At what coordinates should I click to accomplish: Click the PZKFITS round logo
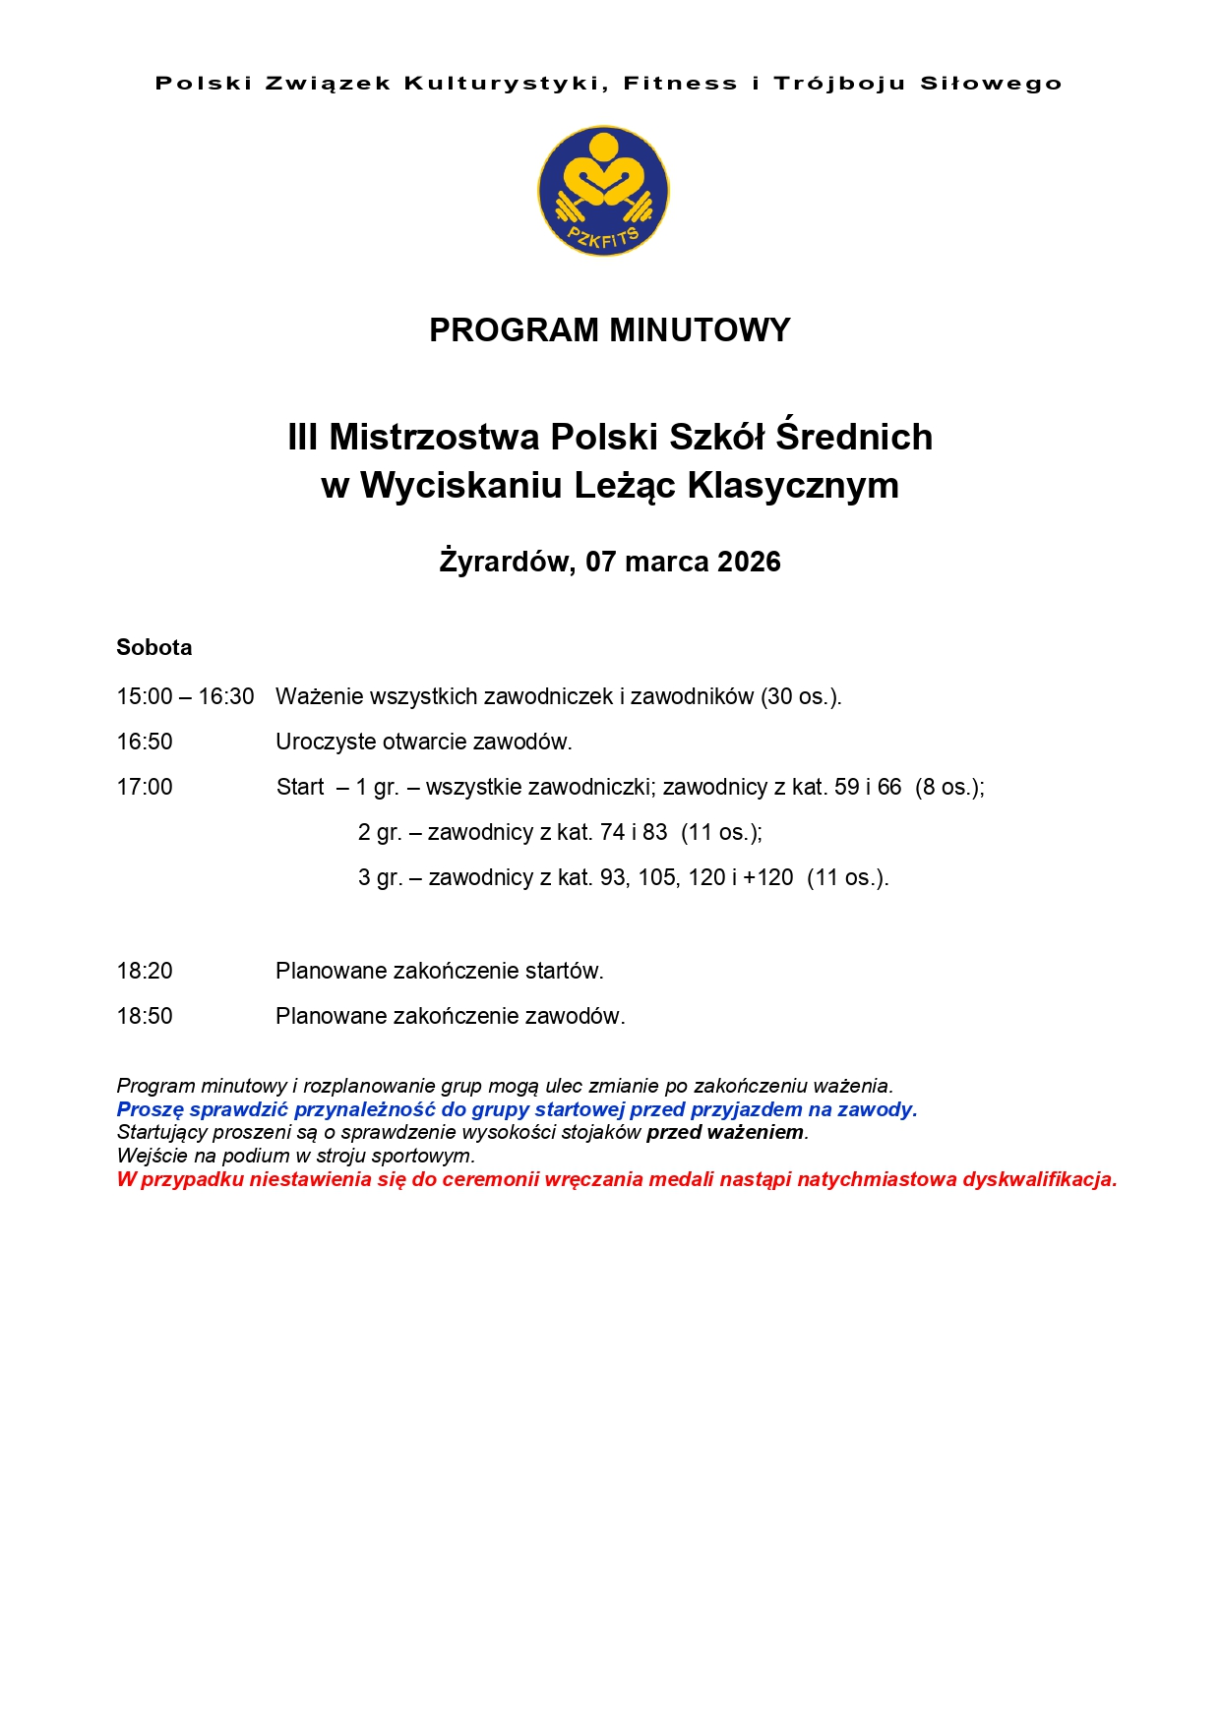click(603, 191)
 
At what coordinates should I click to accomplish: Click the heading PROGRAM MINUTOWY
click(609, 329)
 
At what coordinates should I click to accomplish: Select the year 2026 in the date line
click(749, 562)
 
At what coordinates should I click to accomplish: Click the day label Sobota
click(153, 647)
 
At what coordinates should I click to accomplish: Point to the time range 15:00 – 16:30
click(185, 696)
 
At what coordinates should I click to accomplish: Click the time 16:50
click(145, 742)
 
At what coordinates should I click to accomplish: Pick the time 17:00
click(145, 787)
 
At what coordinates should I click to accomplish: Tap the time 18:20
click(145, 971)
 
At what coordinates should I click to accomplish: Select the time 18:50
click(145, 1016)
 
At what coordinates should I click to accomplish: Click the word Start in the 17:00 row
click(300, 787)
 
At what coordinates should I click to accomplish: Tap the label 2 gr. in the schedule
click(380, 832)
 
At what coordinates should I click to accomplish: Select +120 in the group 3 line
click(767, 877)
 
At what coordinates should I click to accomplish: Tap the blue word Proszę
click(150, 1109)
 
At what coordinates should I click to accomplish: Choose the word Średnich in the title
click(854, 437)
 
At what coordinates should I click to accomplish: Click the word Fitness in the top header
click(680, 84)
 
